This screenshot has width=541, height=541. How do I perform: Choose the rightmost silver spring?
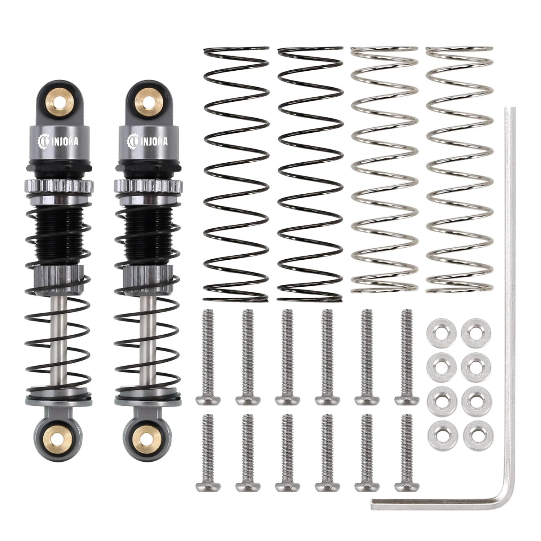[459, 170]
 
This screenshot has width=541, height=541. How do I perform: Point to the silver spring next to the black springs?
[384, 170]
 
